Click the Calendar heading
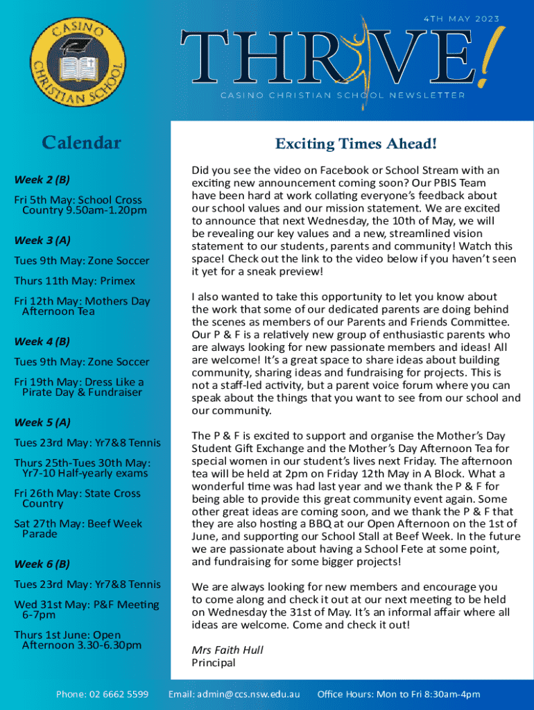point(81,144)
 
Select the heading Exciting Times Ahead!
point(356,144)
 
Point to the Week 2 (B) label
point(42,180)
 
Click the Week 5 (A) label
point(42,422)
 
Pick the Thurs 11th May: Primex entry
point(74,281)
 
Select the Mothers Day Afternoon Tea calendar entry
point(82,306)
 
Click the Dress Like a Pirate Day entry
point(78,387)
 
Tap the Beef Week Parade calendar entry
point(78,528)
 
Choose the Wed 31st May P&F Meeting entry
point(86,609)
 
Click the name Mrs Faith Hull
point(227,650)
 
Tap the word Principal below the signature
point(213,662)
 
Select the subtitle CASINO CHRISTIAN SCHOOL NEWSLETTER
point(343,95)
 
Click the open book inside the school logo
point(77,67)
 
